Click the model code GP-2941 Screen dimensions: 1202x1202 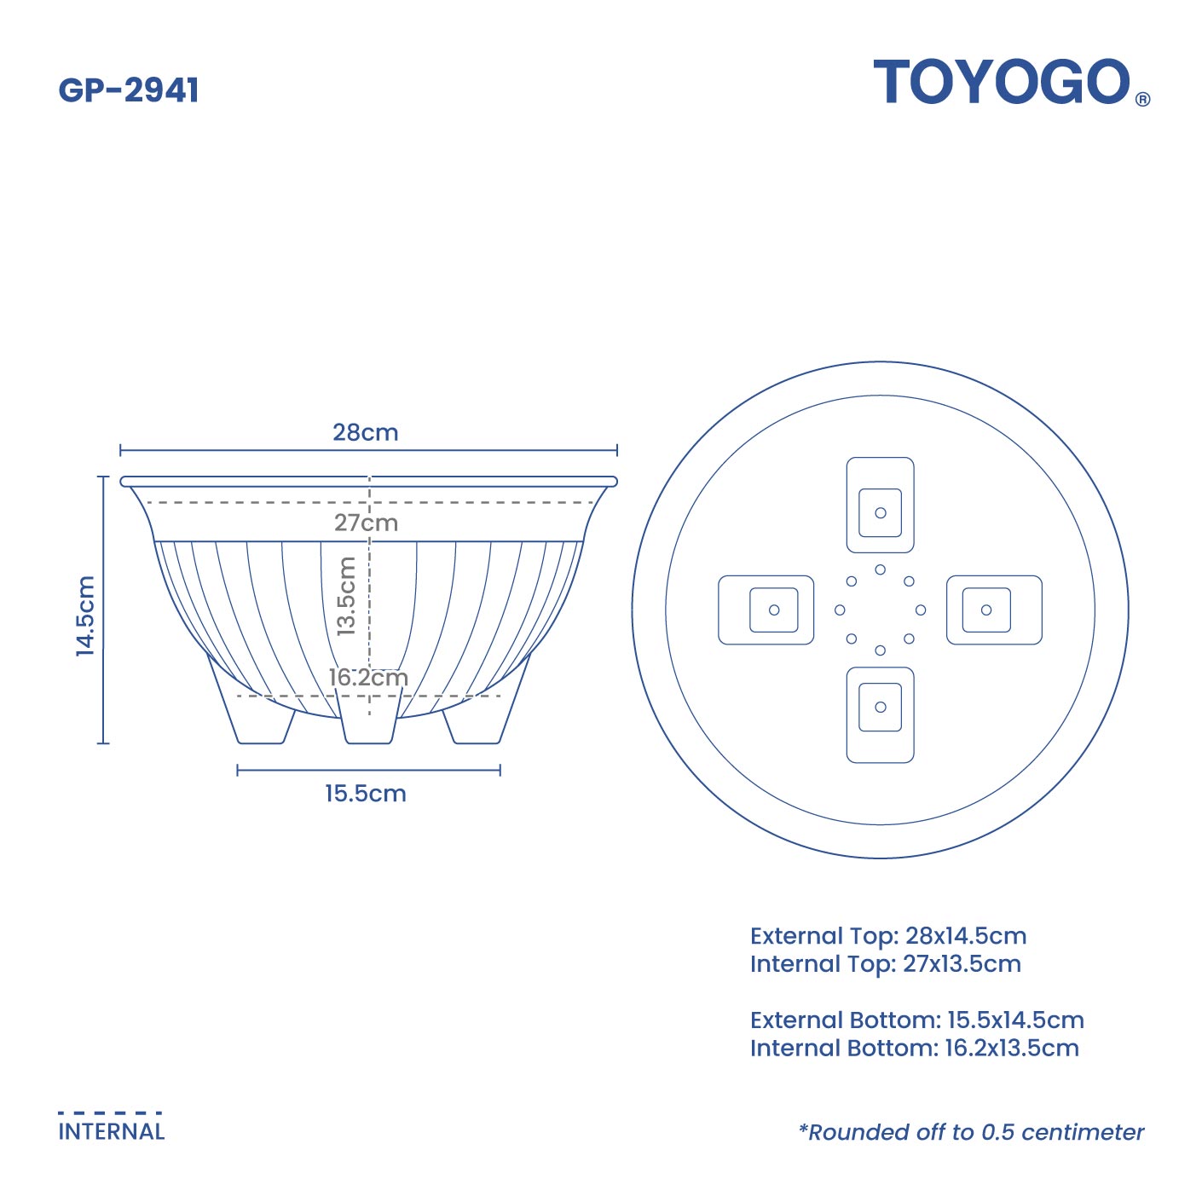129,90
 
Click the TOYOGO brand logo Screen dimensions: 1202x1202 1002,83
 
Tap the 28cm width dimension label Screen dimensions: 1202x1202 365,432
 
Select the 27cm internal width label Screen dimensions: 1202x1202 366,523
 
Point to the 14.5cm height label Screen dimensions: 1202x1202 85,615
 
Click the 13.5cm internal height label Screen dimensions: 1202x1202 346,596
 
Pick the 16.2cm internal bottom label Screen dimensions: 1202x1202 368,678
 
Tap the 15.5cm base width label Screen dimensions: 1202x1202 365,794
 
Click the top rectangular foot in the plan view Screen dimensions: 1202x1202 880,505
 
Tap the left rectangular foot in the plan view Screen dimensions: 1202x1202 766,610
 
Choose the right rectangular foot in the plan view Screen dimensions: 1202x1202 994,610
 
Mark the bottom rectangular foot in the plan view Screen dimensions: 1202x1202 880,714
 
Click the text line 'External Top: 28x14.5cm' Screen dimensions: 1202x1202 887,936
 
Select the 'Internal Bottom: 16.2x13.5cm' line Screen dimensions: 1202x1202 914,1048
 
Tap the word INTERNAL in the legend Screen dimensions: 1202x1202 112,1132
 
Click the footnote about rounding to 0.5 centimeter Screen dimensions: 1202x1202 971,1132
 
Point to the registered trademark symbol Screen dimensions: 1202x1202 1143,99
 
